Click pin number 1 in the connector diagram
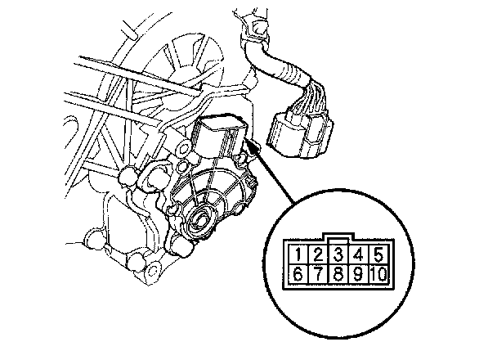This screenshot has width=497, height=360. click(298, 254)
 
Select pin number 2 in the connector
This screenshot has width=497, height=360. click(318, 254)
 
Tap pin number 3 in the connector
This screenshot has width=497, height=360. click(338, 254)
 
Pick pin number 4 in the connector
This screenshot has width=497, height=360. click(359, 254)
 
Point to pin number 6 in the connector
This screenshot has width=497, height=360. click(298, 274)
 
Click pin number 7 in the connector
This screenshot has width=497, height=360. click(318, 274)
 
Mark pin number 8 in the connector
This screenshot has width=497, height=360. click(338, 274)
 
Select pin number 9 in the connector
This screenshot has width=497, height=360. click(359, 274)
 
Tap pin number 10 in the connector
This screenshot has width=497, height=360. click(379, 274)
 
